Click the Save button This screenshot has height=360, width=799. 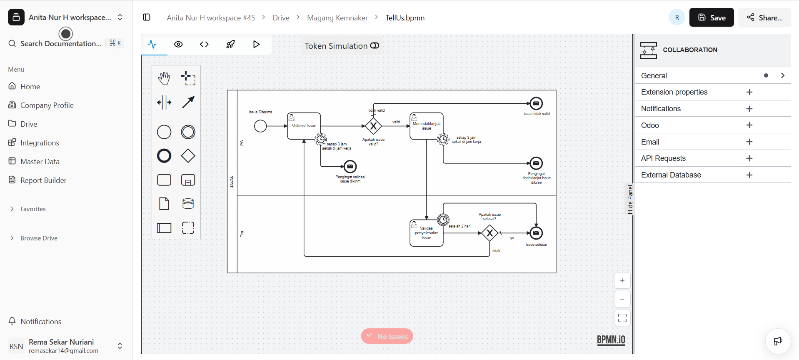tap(711, 17)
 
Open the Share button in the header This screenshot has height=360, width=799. tap(764, 17)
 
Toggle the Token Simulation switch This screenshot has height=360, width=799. tap(375, 46)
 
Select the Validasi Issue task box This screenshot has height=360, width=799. tap(304, 126)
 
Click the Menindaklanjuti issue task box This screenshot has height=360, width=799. tap(426, 126)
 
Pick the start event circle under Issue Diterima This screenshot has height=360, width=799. tap(260, 126)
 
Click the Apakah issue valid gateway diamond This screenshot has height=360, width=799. tap(373, 126)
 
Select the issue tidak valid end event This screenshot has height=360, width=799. tap(536, 103)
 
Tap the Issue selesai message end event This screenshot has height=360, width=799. tap(536, 233)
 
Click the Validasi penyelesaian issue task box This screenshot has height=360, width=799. tap(426, 233)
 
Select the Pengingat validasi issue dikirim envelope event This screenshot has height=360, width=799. tap(350, 167)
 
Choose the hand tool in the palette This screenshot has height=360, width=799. tap(164, 78)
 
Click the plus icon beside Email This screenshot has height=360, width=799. tap(749, 142)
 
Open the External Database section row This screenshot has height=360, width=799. tap(671, 175)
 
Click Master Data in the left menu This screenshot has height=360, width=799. tap(40, 162)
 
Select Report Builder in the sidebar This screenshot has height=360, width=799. tap(43, 180)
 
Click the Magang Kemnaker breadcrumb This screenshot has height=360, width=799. tap(337, 18)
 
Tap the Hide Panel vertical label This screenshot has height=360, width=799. tap(630, 200)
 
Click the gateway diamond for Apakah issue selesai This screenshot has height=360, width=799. tap(489, 233)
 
